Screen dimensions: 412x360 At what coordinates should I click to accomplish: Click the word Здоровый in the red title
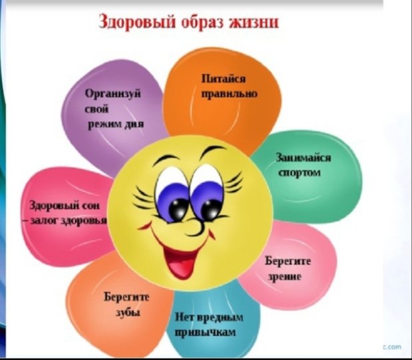137,22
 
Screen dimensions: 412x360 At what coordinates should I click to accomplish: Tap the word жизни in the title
254,21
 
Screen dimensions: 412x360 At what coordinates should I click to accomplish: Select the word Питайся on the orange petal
224,79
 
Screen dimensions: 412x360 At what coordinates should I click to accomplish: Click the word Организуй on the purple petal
113,94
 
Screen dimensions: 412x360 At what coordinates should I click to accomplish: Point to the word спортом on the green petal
300,173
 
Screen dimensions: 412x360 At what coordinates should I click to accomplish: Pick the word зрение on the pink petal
285,277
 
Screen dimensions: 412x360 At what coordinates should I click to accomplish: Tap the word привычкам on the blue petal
206,333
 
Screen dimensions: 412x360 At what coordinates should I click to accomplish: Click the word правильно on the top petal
230,94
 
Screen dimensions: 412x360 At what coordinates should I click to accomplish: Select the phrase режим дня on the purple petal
116,124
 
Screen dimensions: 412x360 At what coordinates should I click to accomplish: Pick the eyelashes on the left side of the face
144,199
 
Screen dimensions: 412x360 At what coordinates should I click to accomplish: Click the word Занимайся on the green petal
304,158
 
